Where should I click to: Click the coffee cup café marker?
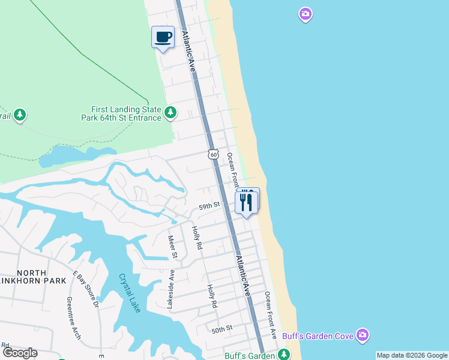[163, 37]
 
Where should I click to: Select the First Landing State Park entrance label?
[125, 113]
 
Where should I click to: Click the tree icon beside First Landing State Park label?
[171, 112]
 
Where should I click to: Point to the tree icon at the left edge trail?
[20, 115]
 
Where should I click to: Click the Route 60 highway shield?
[213, 154]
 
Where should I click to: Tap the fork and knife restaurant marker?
[246, 201]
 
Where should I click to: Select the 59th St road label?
[209, 206]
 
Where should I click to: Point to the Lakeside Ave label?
[170, 289]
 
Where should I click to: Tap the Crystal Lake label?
[129, 293]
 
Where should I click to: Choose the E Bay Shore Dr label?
[86, 289]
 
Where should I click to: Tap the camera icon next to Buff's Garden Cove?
[362, 335]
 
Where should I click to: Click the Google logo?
[20, 353]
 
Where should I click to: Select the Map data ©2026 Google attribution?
[412, 355]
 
